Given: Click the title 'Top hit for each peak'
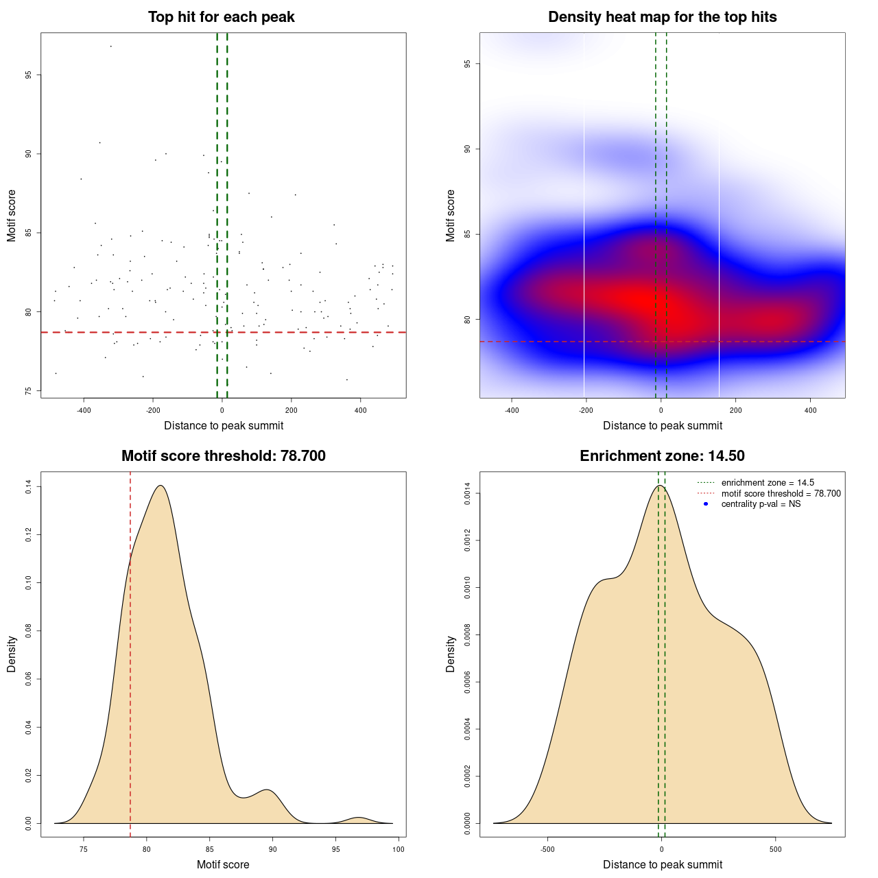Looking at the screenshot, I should (221, 17).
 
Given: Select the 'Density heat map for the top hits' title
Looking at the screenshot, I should (662, 17).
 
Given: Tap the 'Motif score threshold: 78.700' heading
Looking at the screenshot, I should (223, 456).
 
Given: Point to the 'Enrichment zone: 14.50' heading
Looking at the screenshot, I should (662, 456).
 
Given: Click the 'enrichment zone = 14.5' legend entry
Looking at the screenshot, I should (768, 483).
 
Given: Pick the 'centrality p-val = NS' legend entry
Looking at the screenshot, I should (761, 504).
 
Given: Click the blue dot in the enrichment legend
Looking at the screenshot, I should (706, 504).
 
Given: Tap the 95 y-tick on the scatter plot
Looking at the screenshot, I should (28, 75).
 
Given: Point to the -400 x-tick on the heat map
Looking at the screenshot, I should (512, 410).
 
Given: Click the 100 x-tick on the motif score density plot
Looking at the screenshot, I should (399, 849).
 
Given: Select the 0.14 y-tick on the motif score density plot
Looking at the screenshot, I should (28, 487).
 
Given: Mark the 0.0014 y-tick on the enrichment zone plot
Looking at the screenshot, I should (467, 494).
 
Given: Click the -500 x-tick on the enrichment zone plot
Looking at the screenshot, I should (547, 849).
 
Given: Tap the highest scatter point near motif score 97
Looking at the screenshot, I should (110, 46).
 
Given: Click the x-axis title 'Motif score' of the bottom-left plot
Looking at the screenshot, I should (223, 864).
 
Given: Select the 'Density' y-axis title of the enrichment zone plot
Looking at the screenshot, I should (451, 654).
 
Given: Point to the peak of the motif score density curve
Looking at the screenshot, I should (161, 486).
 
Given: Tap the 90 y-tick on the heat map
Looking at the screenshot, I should (467, 149).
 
